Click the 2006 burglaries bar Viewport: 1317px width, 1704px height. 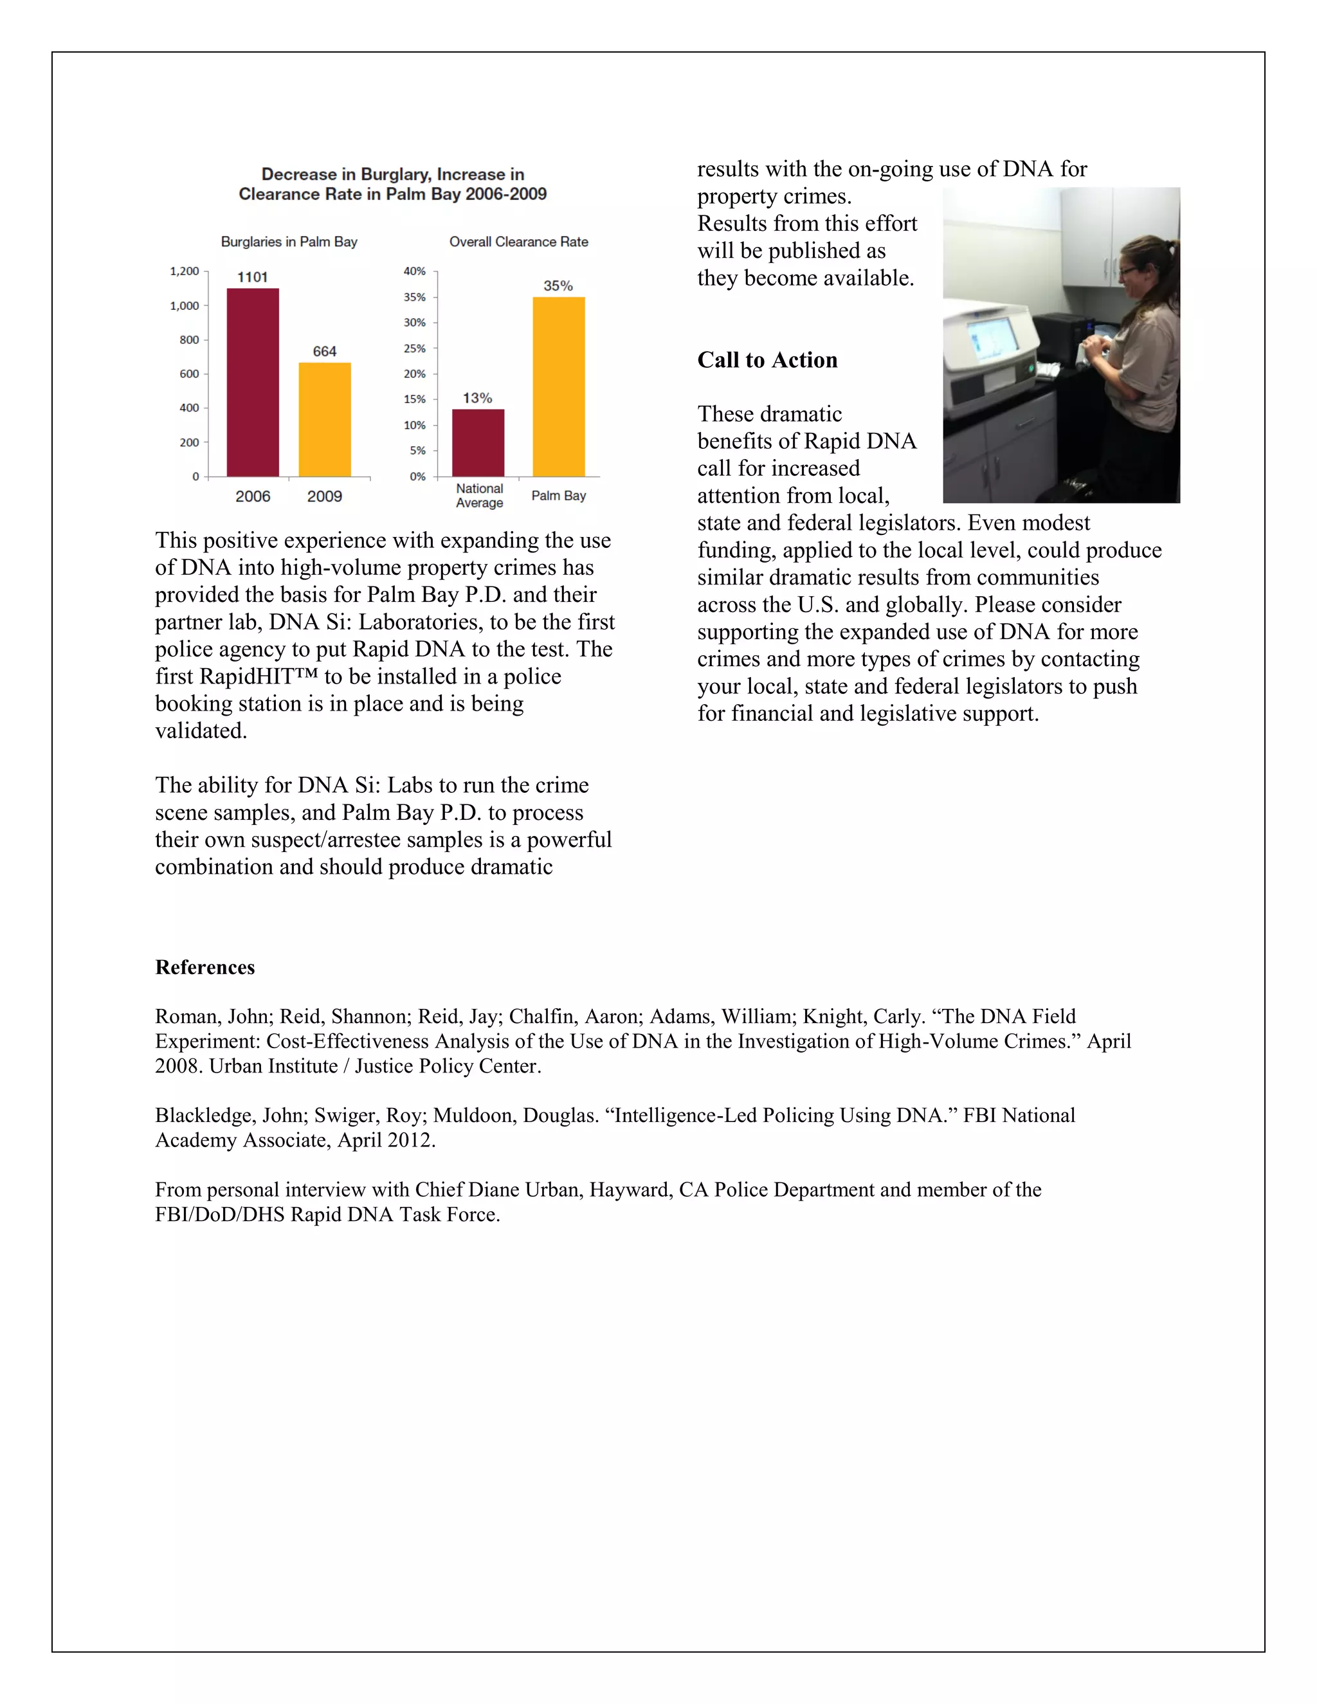[253, 383]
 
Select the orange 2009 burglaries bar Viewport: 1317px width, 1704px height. [325, 419]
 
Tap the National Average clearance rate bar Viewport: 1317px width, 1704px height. [478, 442]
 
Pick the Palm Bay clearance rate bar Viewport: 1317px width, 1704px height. [559, 386]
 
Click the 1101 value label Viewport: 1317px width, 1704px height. [253, 277]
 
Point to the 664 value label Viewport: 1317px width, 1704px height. [325, 351]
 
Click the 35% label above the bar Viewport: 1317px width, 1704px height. [558, 286]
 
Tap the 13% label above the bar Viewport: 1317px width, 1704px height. [478, 398]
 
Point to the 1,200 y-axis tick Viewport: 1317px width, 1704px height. [185, 271]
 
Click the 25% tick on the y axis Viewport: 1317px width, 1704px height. [414, 348]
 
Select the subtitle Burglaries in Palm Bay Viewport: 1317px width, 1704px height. [289, 242]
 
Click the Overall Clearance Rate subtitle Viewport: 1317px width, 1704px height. [519, 242]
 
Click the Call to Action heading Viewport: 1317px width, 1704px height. [767, 359]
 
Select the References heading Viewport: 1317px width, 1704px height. [205, 968]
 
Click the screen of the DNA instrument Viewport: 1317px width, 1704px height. [993, 341]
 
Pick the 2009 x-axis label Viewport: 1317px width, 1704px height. [325, 496]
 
